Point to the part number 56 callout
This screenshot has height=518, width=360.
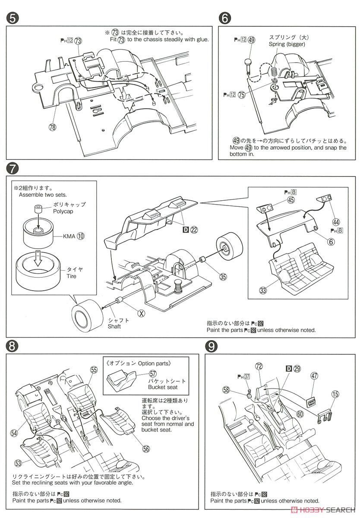146,449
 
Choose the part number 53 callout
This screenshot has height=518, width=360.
18,463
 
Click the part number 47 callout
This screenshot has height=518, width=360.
314,376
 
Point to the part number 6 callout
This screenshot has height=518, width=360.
331,242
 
